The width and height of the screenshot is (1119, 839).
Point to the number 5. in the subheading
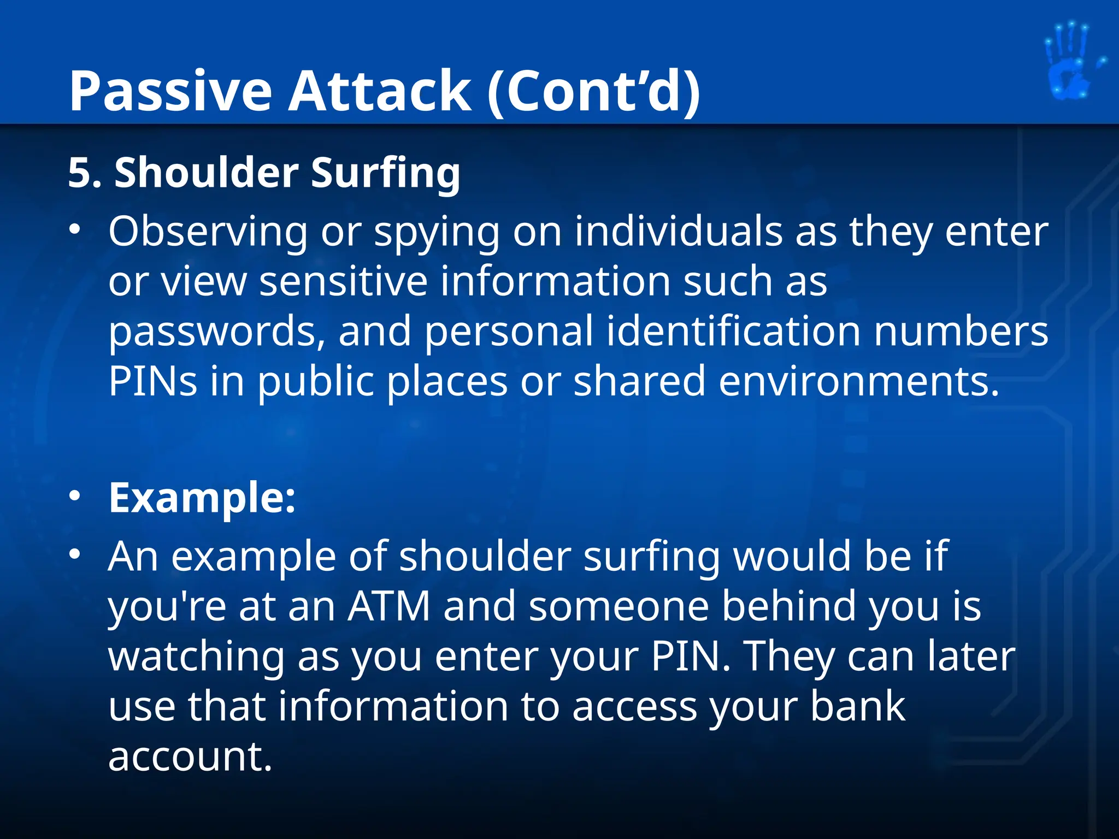85,173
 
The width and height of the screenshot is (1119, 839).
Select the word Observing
208,232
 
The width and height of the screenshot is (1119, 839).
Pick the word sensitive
343,281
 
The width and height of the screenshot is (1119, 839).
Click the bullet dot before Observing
75,229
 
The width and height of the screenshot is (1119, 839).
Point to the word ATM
389,606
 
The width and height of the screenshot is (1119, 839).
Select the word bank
857,706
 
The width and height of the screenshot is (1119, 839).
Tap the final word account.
190,757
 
